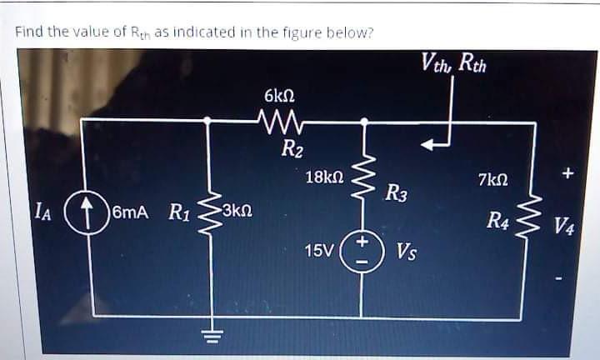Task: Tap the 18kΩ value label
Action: [x=323, y=177]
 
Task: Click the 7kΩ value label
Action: [x=492, y=179]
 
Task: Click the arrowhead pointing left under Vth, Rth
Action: [x=427, y=146]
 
